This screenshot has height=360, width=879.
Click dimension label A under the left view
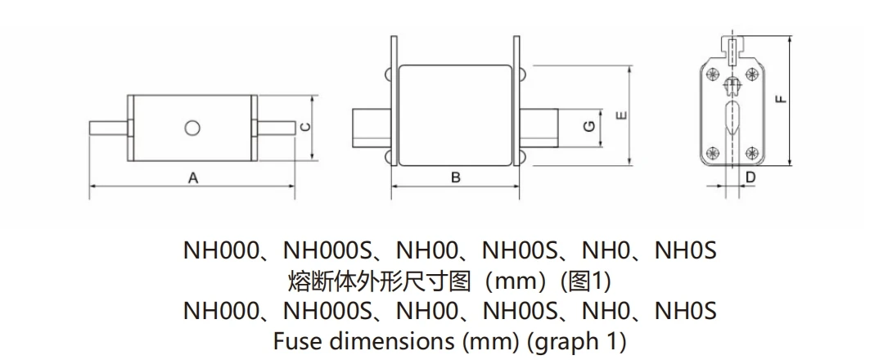click(193, 178)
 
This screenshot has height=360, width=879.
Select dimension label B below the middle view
click(456, 178)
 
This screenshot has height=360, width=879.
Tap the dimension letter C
click(305, 128)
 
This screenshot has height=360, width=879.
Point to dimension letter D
click(751, 178)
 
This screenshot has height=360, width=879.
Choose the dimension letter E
click(621, 115)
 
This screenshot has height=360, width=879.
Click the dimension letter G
click(589, 128)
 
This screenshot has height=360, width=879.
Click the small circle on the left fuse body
click(192, 128)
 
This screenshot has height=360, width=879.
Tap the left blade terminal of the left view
click(109, 128)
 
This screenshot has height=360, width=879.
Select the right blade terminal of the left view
click(275, 128)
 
